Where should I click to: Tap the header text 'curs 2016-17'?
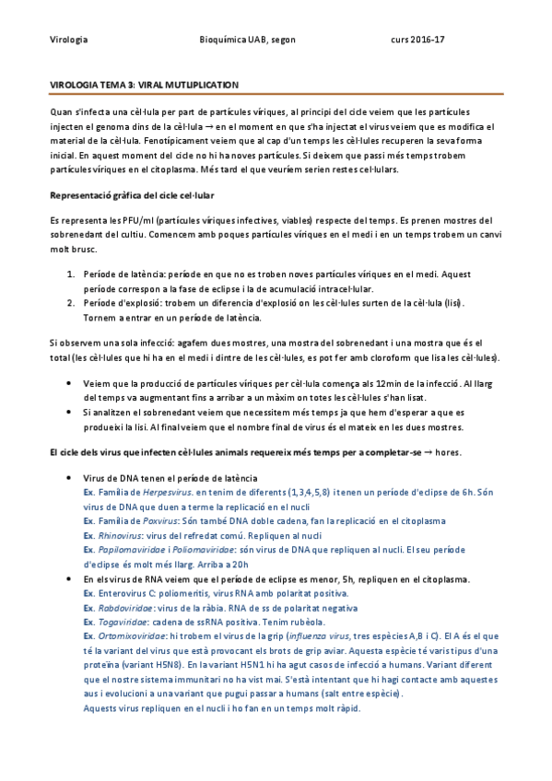[x=417, y=41]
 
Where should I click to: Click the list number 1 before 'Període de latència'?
[x=71, y=274]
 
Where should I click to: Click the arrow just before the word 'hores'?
[x=429, y=453]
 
